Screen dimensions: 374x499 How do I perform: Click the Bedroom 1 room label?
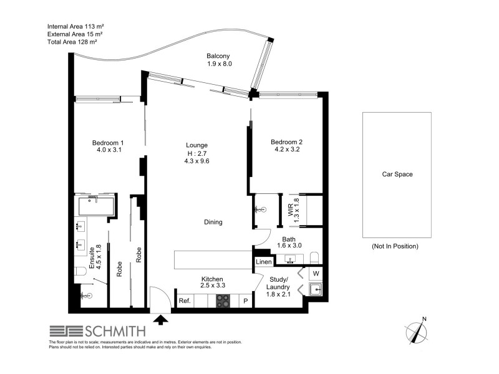click(110, 146)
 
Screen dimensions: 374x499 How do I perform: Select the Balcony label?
click(219, 60)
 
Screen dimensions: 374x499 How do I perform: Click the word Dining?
click(213, 222)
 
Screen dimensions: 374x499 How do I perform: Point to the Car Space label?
click(397, 175)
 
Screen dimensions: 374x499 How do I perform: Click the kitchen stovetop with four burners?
click(224, 300)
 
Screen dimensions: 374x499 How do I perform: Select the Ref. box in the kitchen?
click(185, 301)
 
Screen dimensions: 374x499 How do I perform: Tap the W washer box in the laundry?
click(316, 272)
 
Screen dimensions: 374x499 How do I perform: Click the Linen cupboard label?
click(264, 262)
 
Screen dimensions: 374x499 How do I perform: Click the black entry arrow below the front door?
click(161, 320)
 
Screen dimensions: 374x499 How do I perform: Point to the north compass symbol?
click(415, 330)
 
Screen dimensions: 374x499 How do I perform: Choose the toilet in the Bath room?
click(315, 258)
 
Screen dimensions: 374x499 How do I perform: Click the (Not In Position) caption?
click(395, 246)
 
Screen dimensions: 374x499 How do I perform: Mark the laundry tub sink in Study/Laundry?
click(316, 289)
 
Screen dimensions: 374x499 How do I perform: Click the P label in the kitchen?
click(246, 301)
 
